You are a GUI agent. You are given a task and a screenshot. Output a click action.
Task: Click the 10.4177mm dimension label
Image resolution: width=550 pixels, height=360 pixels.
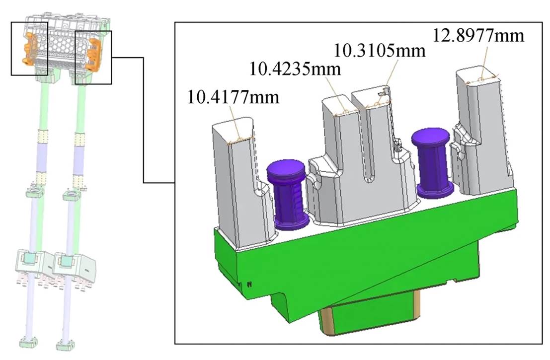233,97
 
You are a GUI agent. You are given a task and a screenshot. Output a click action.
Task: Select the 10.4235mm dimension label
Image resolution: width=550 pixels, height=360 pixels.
295,69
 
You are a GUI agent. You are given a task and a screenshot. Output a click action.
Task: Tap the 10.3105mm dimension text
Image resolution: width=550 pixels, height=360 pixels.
379,50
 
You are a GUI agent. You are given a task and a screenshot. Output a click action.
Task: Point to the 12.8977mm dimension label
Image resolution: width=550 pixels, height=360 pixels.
478,35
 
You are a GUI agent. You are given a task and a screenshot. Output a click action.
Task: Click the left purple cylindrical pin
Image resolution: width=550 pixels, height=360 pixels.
288,195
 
